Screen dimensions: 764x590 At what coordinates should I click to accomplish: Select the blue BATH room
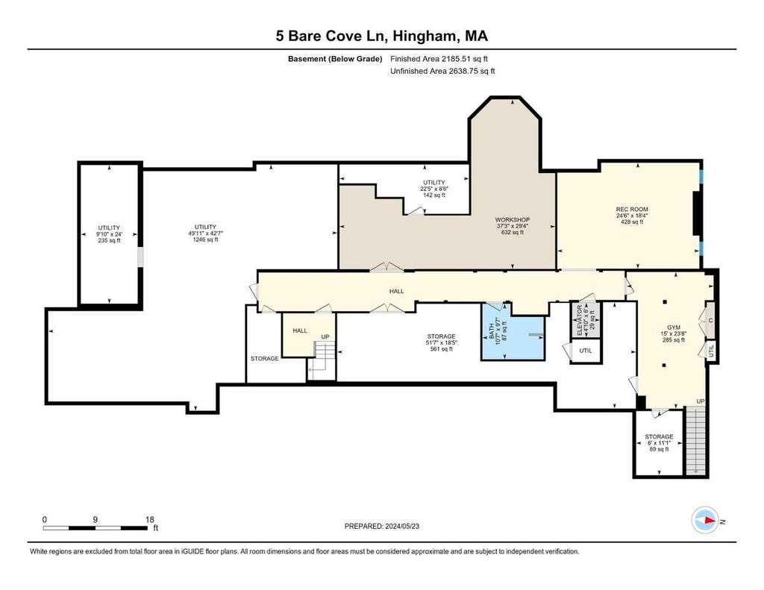pos(513,332)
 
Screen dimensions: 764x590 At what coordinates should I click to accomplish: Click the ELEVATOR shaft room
pos(586,319)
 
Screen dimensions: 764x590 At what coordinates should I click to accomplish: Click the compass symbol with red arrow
pos(705,521)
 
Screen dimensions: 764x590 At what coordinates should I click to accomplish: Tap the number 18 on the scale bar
pos(149,519)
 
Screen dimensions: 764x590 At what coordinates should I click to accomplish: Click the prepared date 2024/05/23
pos(402,526)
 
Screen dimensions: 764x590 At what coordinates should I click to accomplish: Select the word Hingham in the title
pos(425,36)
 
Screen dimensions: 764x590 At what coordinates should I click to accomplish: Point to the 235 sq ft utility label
pos(109,241)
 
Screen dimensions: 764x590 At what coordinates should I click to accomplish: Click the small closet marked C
pos(710,320)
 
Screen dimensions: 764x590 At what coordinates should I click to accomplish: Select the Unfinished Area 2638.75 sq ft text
pos(442,71)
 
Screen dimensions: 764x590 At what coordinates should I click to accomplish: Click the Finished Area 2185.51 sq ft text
pos(439,59)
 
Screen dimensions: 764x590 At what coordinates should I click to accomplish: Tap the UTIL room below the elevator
pos(586,351)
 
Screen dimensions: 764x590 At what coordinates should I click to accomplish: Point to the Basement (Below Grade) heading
pos(335,59)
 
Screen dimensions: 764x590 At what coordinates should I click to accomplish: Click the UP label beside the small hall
pos(325,336)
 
